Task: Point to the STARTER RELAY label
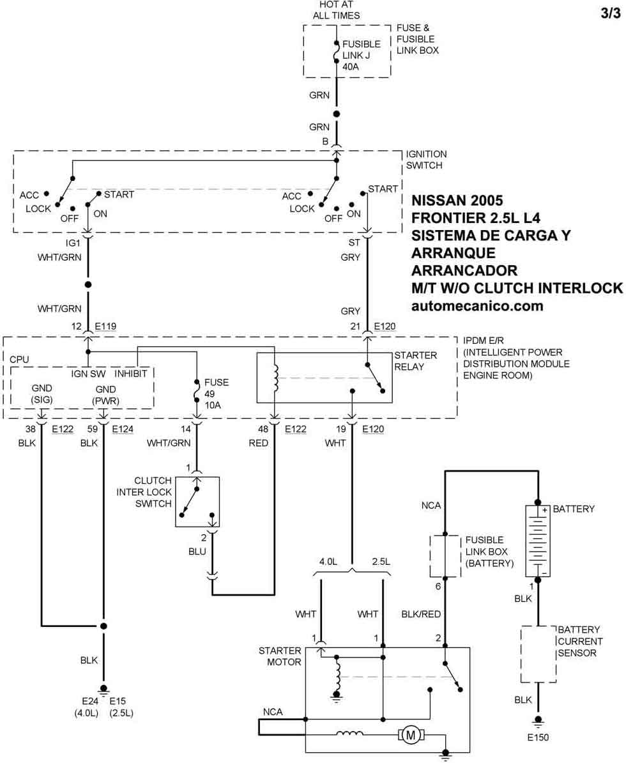[x=415, y=361]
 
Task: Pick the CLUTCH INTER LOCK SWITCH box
[x=197, y=502]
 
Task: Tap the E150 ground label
[x=537, y=737]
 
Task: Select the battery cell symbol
[x=537, y=541]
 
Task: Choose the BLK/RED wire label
[x=422, y=614]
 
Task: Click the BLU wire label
[x=197, y=551]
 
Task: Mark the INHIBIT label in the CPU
[x=131, y=373]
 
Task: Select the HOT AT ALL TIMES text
[x=336, y=10]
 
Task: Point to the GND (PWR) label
[x=106, y=394]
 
